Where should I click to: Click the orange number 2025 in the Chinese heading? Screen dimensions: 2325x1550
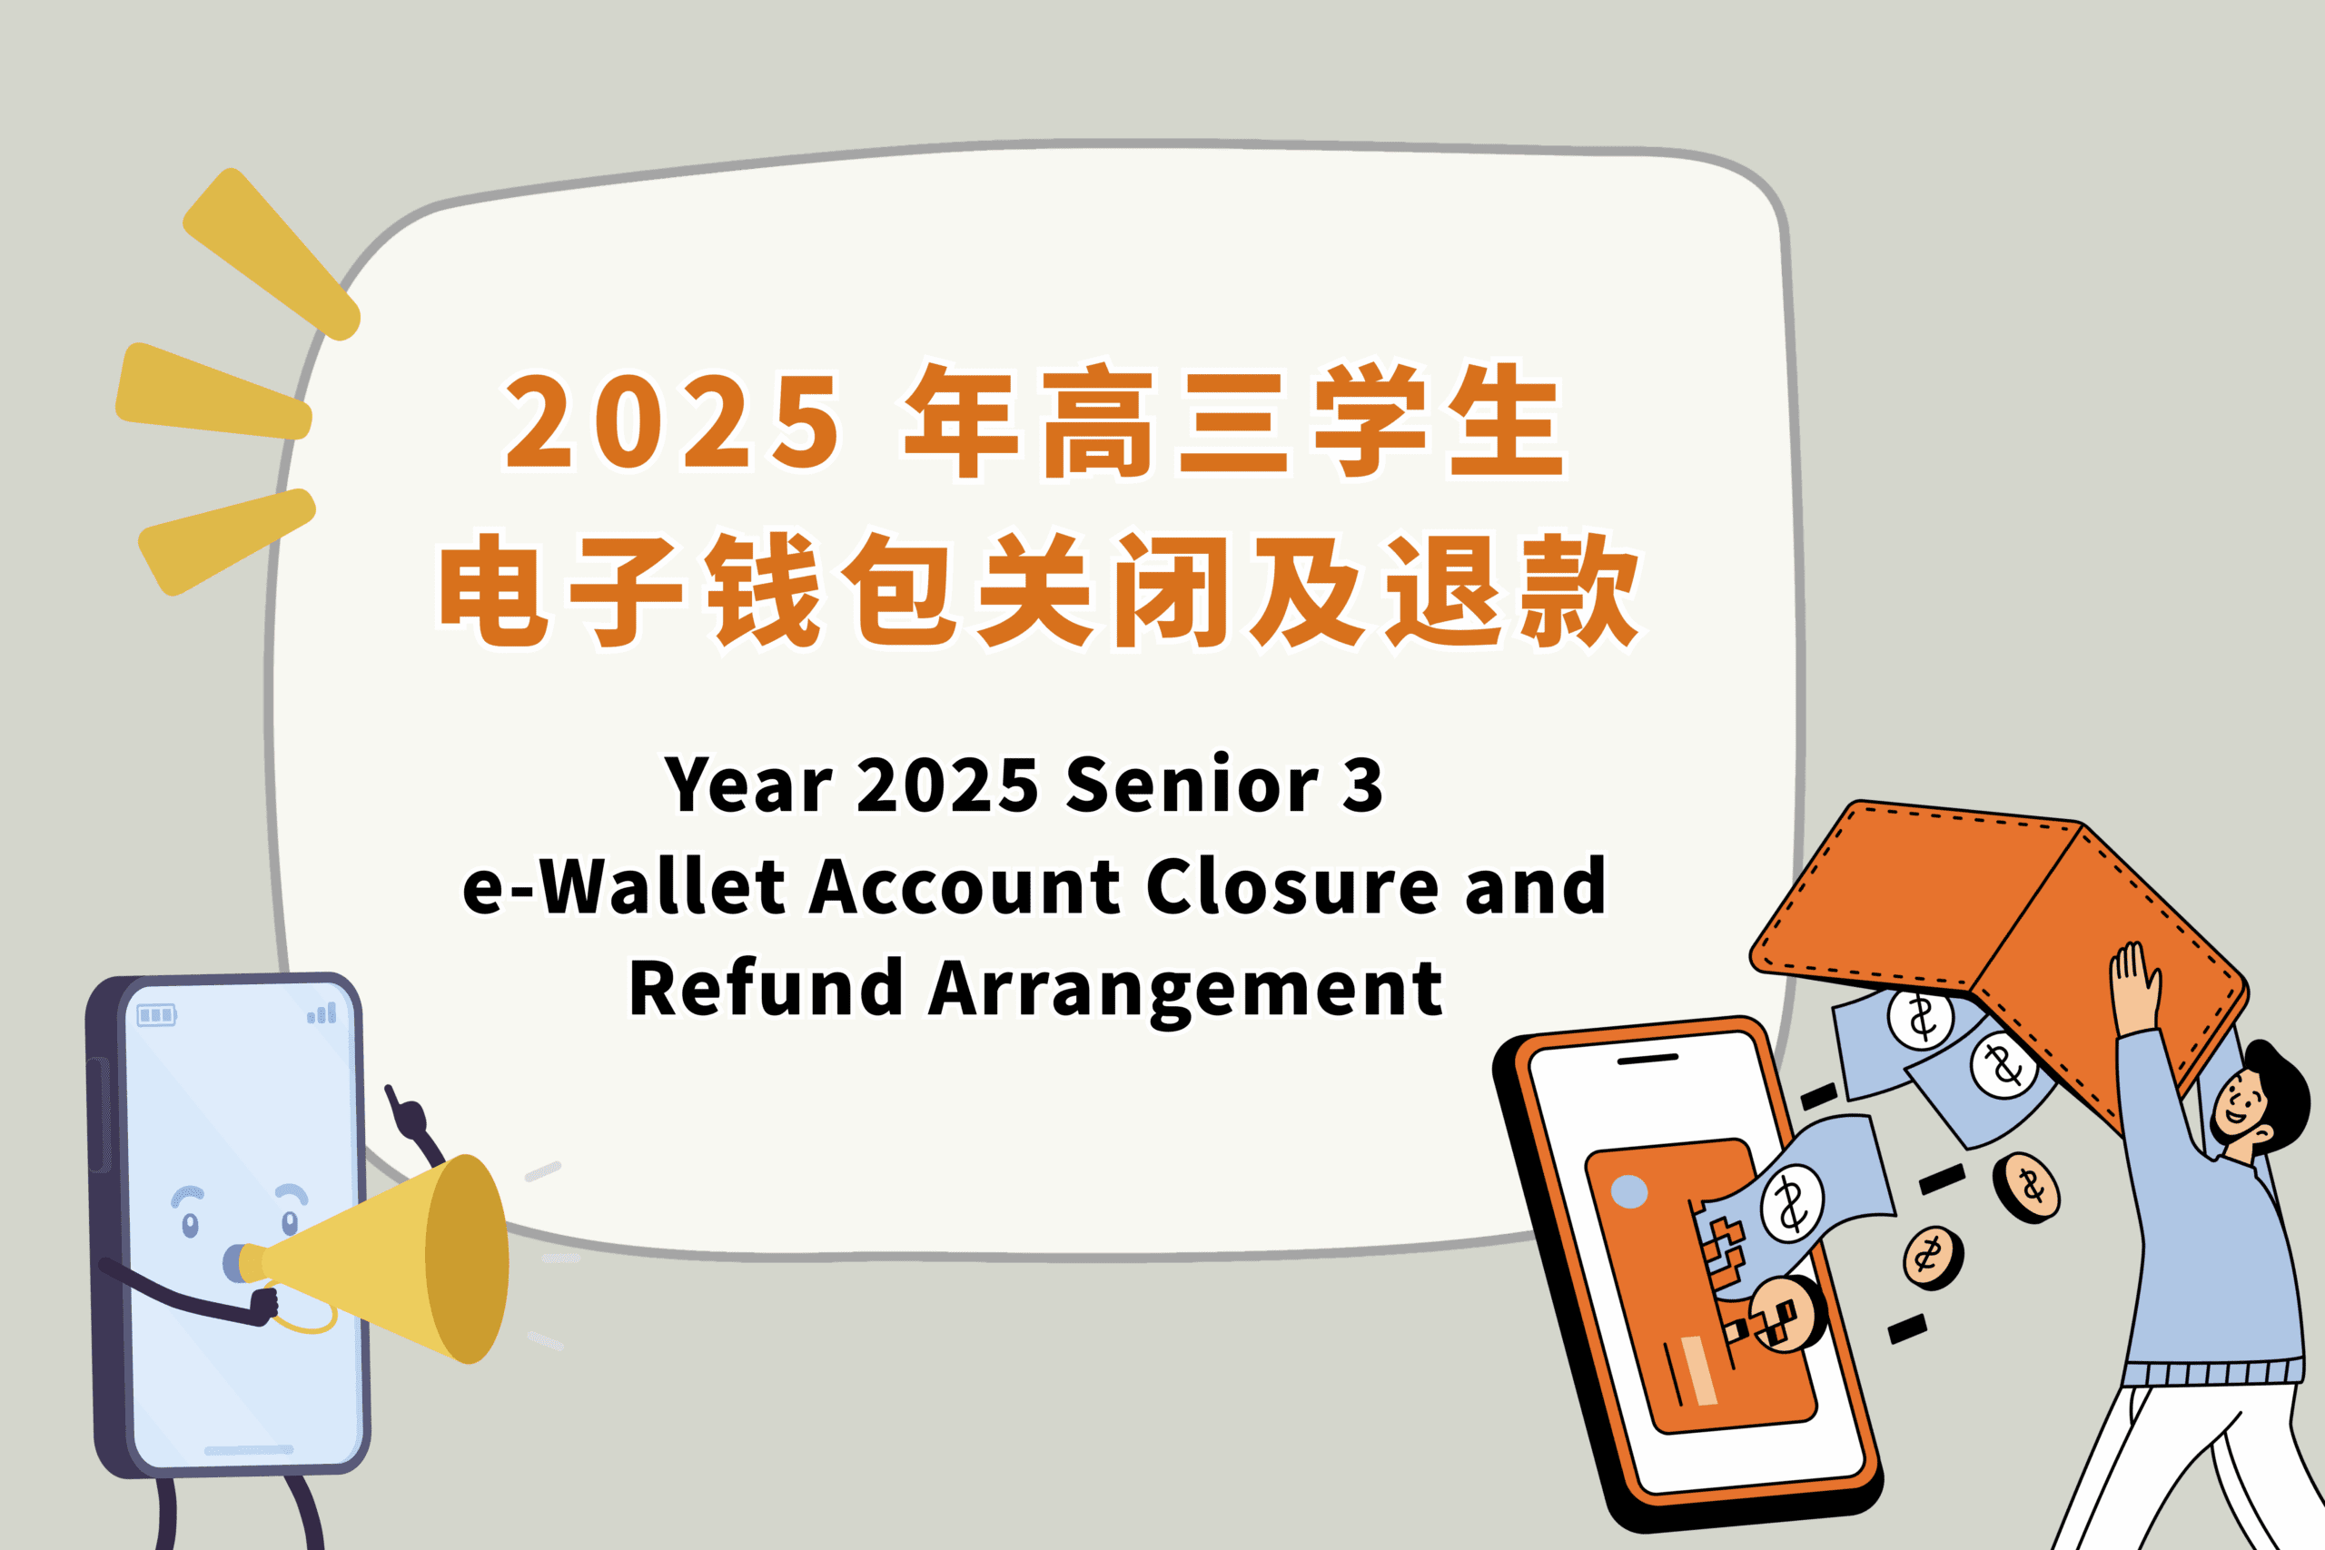coord(672,422)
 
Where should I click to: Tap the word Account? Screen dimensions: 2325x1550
coord(965,887)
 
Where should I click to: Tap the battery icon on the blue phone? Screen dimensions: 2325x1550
coord(156,1015)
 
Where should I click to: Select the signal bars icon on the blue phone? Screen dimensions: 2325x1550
coord(322,1013)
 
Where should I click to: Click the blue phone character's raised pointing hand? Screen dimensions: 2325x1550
coord(406,1114)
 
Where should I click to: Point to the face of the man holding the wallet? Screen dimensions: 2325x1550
coord(2241,1104)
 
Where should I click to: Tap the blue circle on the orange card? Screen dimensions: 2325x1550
coord(1629,1192)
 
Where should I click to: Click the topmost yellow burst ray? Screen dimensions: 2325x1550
coord(269,253)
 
